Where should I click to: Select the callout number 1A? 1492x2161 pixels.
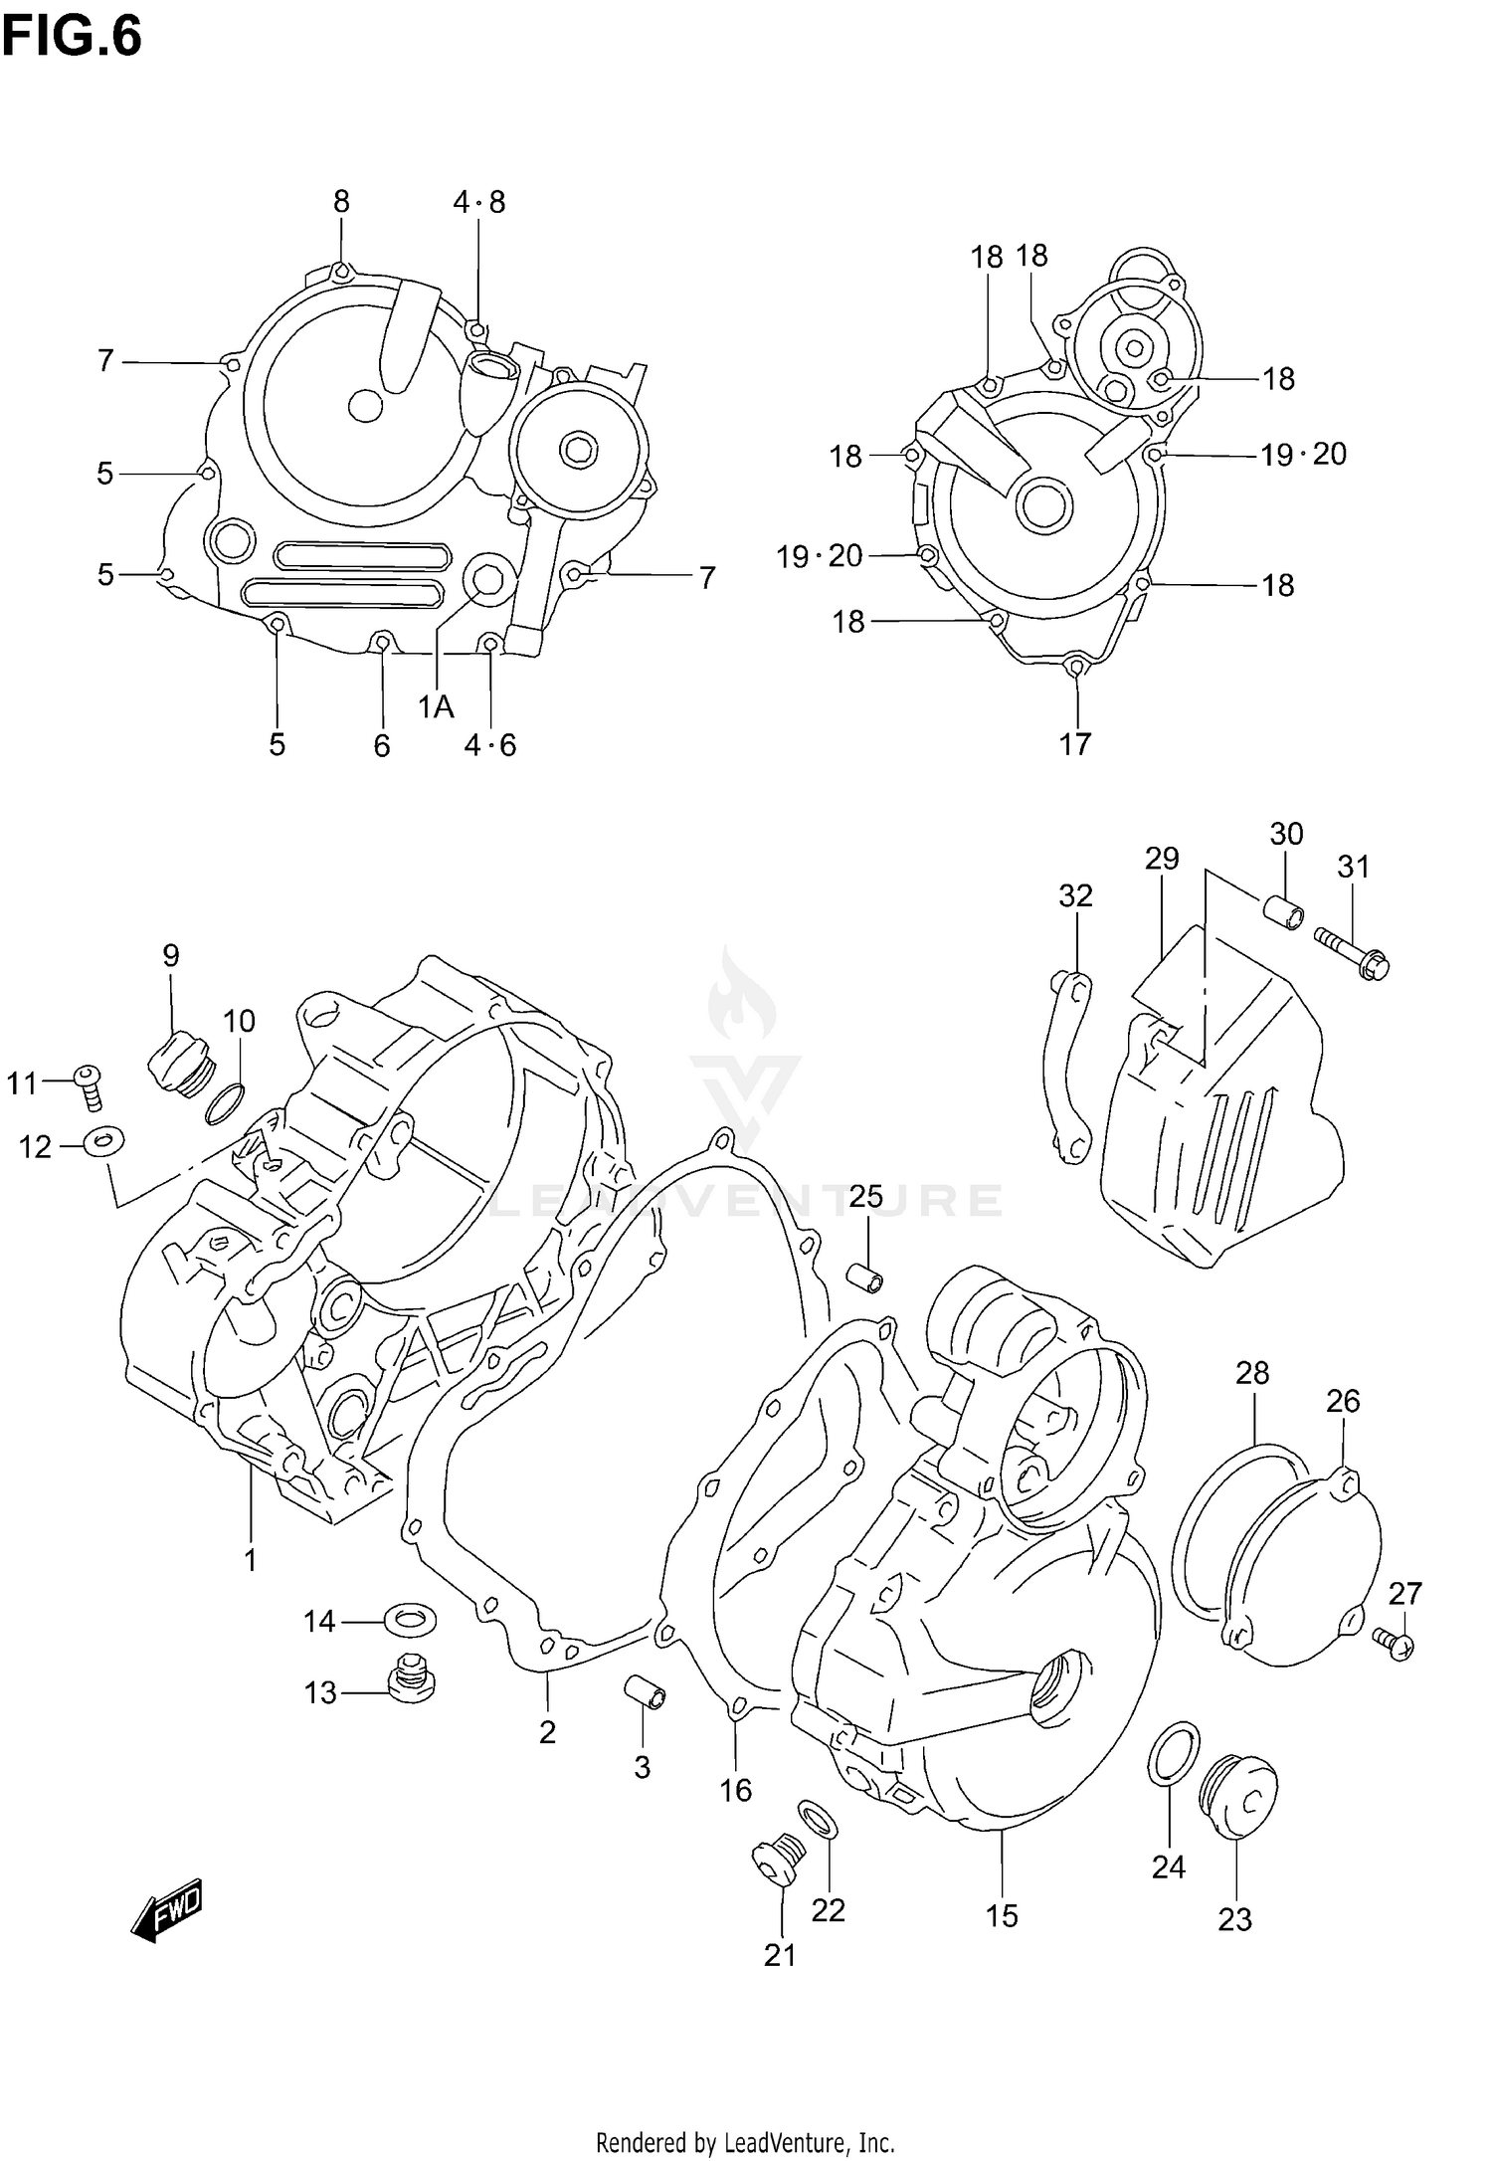436,706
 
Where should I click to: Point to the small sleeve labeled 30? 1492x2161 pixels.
1282,910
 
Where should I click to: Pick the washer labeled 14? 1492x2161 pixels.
409,1620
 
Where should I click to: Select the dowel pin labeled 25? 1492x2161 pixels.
866,1277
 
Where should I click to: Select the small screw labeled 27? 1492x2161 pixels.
1397,1643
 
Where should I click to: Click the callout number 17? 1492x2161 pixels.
1075,743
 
